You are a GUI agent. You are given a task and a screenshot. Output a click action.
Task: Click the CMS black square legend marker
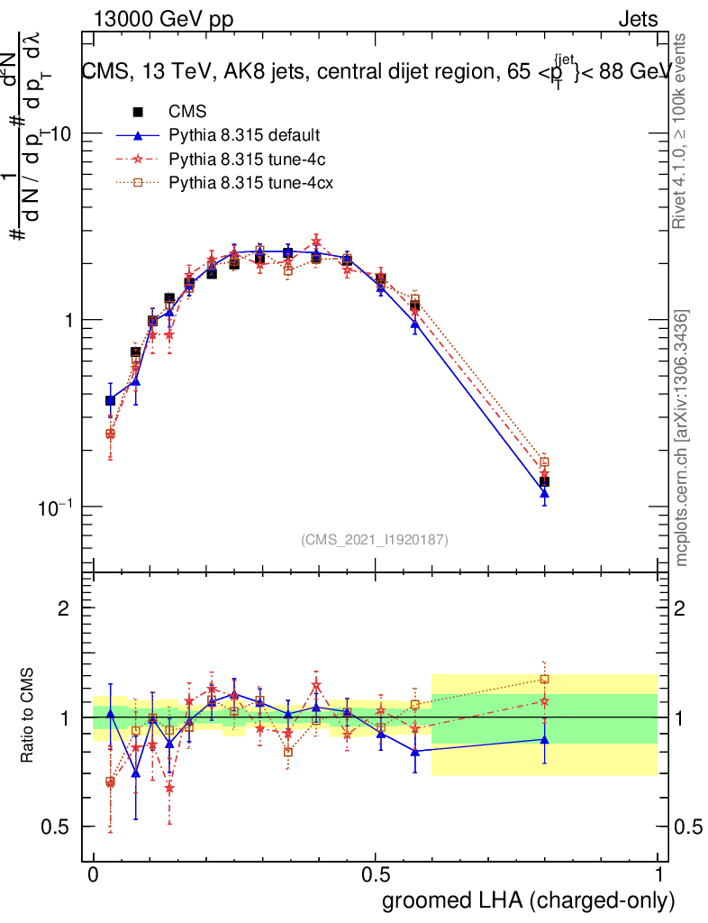click(x=138, y=113)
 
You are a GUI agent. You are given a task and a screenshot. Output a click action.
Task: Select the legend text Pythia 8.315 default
click(x=244, y=136)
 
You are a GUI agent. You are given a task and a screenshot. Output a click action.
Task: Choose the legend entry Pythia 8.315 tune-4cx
click(x=247, y=183)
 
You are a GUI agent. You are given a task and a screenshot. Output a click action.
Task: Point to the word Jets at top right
click(x=637, y=21)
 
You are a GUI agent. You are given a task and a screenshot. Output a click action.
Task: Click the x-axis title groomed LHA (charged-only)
click(x=530, y=900)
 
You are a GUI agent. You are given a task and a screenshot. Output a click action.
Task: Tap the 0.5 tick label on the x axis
click(x=377, y=875)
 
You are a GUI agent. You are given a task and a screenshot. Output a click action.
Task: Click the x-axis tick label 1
click(x=658, y=875)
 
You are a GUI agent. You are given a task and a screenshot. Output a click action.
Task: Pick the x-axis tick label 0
click(x=93, y=875)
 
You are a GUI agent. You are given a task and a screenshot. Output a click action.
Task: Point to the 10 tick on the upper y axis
click(x=63, y=133)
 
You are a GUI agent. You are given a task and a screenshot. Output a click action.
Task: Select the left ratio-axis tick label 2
click(x=65, y=608)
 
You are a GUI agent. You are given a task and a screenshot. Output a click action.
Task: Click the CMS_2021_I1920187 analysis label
click(x=375, y=540)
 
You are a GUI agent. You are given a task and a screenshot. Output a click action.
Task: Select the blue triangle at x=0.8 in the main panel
click(x=544, y=492)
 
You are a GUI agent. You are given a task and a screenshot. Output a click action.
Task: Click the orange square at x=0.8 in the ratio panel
click(x=544, y=679)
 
